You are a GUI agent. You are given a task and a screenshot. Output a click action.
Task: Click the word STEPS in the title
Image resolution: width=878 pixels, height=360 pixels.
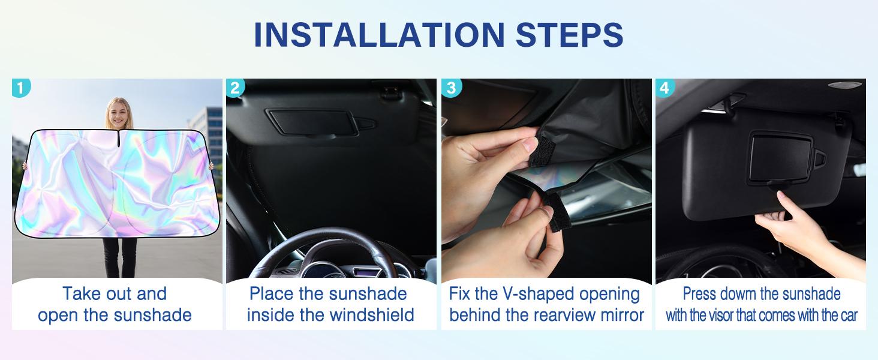coord(570,35)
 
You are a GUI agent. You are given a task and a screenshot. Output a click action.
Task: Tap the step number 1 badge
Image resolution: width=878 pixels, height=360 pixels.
coord(21,88)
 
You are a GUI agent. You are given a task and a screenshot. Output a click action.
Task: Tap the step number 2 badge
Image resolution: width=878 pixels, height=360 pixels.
coord(235,88)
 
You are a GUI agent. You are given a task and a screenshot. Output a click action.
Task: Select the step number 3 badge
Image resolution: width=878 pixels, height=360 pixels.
coord(451,88)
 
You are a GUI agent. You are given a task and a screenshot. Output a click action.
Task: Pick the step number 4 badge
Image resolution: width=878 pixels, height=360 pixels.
coord(664,88)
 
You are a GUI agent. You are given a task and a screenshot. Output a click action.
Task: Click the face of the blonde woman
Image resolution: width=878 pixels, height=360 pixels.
coord(119,113)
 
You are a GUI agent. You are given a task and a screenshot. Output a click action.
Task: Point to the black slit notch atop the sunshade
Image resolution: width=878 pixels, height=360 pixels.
coord(118,139)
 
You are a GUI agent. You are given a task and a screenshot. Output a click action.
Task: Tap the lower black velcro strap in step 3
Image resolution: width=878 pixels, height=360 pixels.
coord(557,212)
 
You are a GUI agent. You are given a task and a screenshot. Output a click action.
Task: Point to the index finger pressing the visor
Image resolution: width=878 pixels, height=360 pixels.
coord(788,203)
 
